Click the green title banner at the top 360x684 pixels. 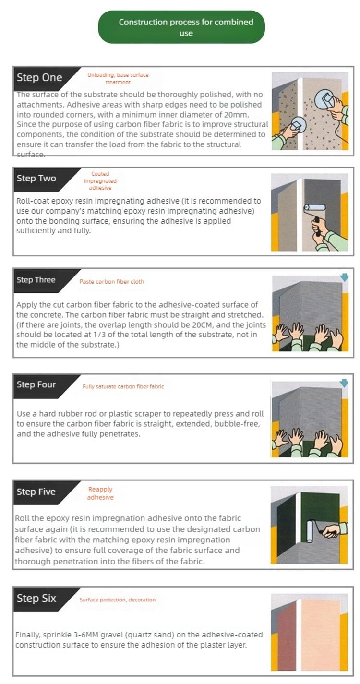point(181,27)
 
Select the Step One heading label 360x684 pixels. point(39,78)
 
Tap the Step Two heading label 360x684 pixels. point(36,179)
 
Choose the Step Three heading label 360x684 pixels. point(36,280)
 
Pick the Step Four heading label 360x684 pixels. point(36,384)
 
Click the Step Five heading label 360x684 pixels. point(36,492)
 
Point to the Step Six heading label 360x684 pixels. point(36,598)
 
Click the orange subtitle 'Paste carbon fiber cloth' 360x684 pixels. point(112,282)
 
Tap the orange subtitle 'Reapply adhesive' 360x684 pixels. point(100,493)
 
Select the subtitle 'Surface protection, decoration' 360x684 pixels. point(118,600)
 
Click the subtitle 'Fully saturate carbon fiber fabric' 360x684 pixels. point(123,386)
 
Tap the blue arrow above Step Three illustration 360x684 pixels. point(344,277)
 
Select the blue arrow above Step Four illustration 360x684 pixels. point(344,383)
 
